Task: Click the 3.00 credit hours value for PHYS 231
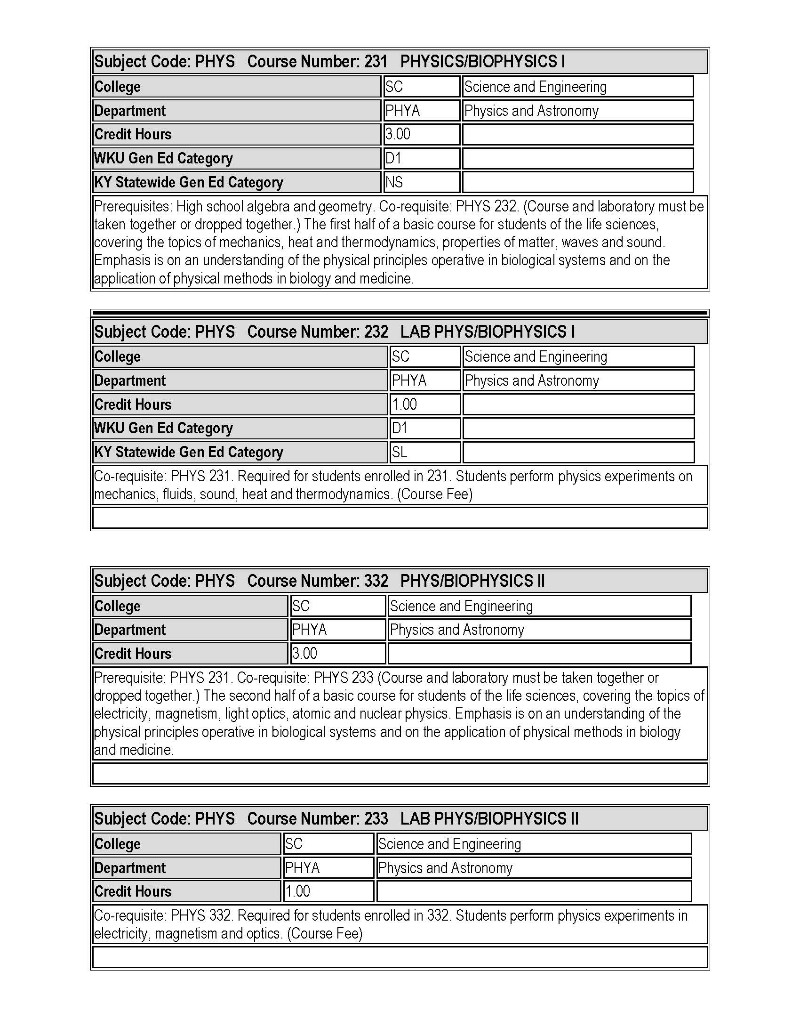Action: click(398, 134)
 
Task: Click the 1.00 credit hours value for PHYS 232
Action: click(404, 405)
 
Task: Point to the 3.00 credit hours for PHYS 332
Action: click(304, 654)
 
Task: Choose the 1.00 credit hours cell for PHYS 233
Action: click(297, 891)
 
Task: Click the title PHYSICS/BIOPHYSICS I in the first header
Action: click(482, 62)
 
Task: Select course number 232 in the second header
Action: click(376, 332)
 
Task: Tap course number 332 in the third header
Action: click(376, 581)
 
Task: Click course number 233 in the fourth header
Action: click(376, 819)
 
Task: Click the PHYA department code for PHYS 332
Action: click(310, 630)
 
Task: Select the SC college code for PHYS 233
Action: click(294, 844)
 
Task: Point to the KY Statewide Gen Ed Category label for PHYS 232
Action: click(189, 452)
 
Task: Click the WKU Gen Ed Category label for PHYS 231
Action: click(163, 158)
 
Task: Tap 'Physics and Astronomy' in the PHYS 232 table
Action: click(532, 380)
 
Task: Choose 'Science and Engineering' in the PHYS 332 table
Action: click(461, 606)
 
